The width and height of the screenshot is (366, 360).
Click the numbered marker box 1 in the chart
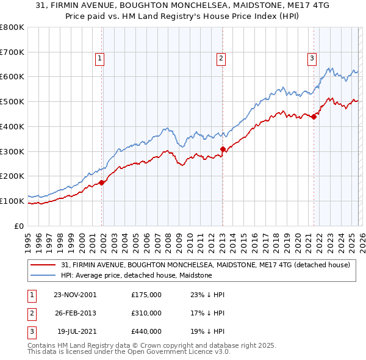click(99, 59)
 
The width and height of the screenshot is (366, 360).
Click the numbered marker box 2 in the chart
click(220, 59)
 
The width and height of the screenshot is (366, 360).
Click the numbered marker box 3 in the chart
click(311, 59)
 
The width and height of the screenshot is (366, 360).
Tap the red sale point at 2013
click(223, 149)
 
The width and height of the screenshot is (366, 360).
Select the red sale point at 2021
click(314, 117)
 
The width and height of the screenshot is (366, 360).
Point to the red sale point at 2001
click(102, 182)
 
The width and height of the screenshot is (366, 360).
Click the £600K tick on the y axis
click(12, 77)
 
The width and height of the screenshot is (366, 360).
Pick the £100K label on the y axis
click(12, 201)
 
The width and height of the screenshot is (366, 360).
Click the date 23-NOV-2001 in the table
click(75, 295)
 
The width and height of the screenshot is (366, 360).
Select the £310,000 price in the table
click(146, 313)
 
